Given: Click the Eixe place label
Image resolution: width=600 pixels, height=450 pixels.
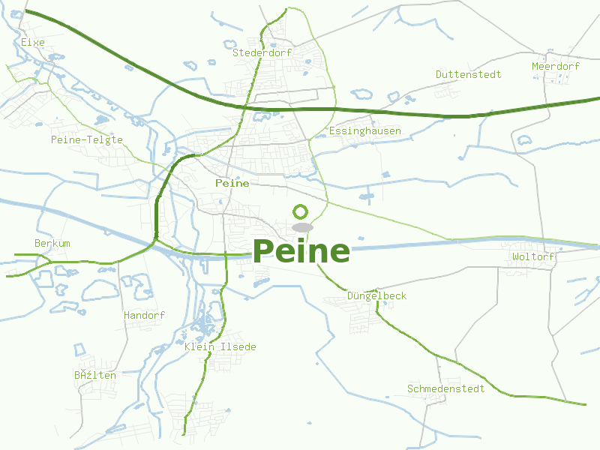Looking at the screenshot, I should (32, 43).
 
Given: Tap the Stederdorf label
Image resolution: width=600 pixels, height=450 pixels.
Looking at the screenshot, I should (262, 53).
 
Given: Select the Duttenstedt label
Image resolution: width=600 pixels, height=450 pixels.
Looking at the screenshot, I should (468, 75).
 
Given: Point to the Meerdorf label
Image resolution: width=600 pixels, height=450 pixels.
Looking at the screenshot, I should (556, 67).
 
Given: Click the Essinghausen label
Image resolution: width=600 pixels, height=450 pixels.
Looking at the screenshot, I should (364, 131).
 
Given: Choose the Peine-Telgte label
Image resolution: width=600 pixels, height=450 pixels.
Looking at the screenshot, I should (86, 140).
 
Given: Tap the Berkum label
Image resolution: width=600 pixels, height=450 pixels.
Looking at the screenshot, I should (52, 244).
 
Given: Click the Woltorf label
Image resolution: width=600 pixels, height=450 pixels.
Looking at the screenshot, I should (533, 257).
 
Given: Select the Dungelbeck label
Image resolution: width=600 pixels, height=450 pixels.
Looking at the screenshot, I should (376, 296).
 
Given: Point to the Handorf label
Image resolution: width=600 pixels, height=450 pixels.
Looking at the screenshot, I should (144, 316).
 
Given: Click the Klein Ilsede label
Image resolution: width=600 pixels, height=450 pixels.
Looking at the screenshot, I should (220, 347).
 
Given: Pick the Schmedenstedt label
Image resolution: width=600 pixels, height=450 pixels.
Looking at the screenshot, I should (445, 389).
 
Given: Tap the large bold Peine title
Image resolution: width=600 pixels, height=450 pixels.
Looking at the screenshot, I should (301, 251).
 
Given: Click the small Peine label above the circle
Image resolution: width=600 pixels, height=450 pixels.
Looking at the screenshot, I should (232, 183).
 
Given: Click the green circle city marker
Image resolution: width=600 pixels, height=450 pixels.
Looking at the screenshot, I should (301, 211).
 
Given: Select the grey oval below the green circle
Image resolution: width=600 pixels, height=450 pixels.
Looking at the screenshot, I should (302, 226).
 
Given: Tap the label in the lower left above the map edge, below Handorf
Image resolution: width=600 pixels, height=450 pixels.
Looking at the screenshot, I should (94, 375).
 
